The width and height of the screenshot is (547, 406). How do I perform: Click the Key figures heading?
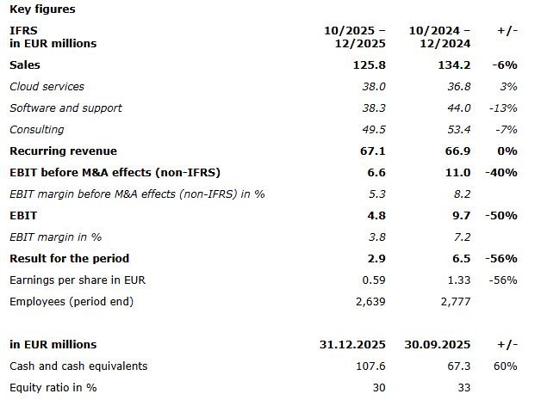(x=42, y=9)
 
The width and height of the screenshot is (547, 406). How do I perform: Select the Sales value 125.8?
(x=368, y=65)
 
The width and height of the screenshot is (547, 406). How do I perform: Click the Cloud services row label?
(x=47, y=86)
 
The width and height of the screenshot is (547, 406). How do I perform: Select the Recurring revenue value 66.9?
(x=457, y=151)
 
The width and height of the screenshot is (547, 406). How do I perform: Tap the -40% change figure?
(x=501, y=172)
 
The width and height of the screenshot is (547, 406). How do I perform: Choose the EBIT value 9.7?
(x=461, y=215)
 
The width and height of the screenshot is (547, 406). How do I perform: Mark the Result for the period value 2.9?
(x=376, y=258)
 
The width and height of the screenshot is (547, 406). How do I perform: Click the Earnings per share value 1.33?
(x=458, y=280)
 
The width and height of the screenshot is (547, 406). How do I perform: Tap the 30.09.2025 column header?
(x=438, y=344)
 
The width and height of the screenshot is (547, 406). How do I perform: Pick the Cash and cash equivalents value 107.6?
(x=369, y=366)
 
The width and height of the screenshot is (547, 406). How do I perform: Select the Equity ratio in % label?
(x=53, y=387)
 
